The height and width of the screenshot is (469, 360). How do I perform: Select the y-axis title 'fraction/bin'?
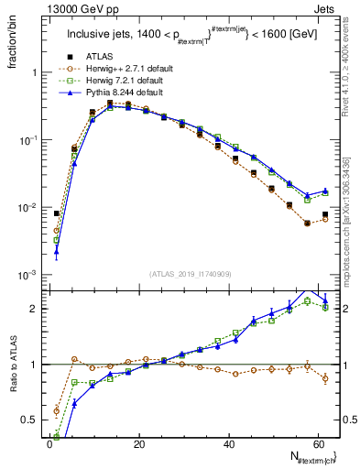point(16,47)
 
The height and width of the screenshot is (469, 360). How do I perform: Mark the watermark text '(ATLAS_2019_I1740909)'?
point(191,273)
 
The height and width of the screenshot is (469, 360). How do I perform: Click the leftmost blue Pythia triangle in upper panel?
point(57,251)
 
